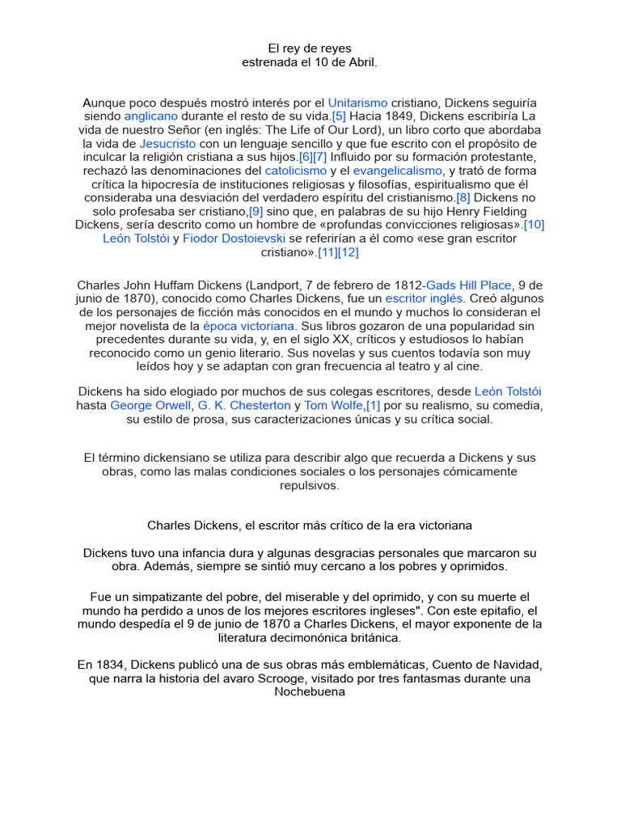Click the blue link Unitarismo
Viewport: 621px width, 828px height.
357,103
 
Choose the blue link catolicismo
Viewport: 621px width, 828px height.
296,171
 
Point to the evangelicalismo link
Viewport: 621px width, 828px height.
398,171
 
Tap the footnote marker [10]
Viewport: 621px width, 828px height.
534,225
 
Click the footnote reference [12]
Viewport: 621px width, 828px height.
349,252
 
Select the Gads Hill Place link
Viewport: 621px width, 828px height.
470,285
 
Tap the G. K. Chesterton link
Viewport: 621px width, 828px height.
244,404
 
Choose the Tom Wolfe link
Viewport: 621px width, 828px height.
333,404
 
